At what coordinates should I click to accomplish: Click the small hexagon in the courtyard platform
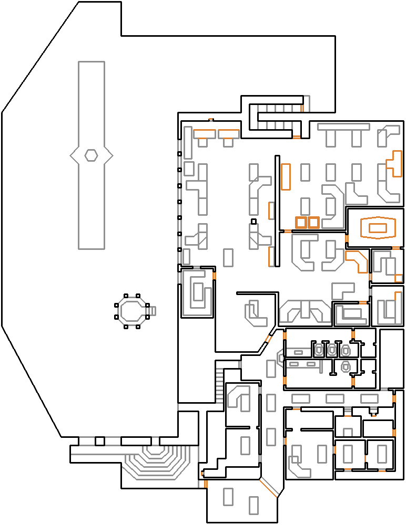[x=92, y=155]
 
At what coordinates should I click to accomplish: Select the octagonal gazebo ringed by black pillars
[x=131, y=311]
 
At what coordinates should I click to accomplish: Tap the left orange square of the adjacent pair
[x=301, y=222]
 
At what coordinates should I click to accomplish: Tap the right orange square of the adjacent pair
[x=313, y=222]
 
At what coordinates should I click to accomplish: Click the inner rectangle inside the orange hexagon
[x=378, y=227]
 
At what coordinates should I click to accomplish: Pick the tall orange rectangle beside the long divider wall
[x=286, y=176]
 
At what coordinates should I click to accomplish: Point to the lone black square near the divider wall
[x=253, y=222]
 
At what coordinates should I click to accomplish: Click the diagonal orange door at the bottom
[x=269, y=488]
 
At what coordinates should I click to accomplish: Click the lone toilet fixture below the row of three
[x=346, y=366]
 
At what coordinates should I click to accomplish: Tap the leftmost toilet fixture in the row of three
[x=319, y=349]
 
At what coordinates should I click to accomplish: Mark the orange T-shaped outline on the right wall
[x=394, y=164]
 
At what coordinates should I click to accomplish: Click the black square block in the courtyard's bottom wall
[x=100, y=441]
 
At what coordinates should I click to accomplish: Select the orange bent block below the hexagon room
[x=358, y=260]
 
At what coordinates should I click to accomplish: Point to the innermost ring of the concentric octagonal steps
[x=155, y=450]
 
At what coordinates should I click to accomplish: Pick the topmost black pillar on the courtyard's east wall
[x=179, y=154]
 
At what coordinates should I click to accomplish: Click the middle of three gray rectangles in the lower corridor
[x=335, y=399]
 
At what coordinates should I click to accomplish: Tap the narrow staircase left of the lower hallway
[x=220, y=382]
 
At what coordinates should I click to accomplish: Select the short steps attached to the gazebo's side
[x=153, y=311]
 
